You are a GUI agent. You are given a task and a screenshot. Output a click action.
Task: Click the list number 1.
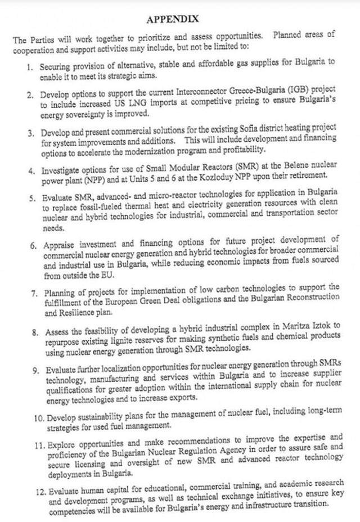(x=31, y=66)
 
